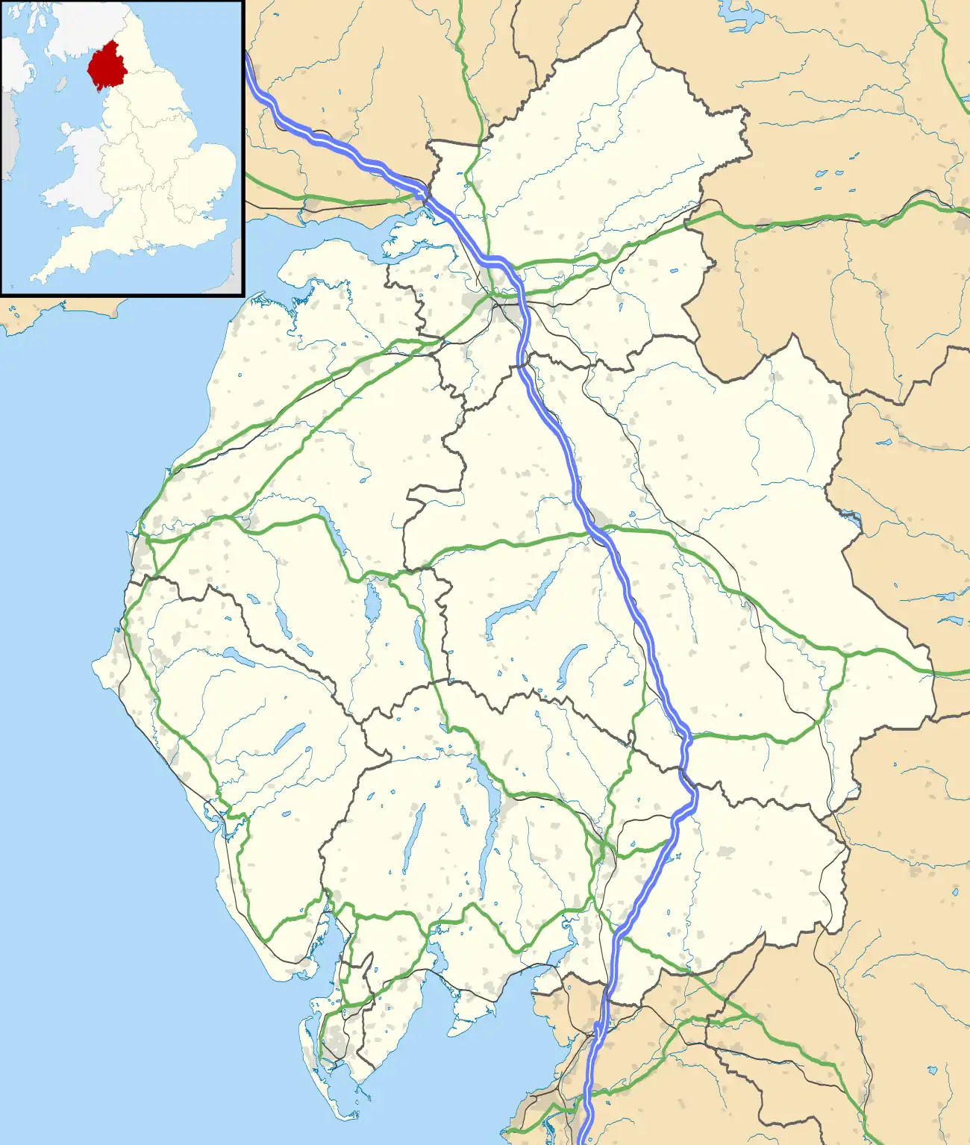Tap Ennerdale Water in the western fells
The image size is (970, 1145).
pyautogui.click(x=238, y=657)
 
